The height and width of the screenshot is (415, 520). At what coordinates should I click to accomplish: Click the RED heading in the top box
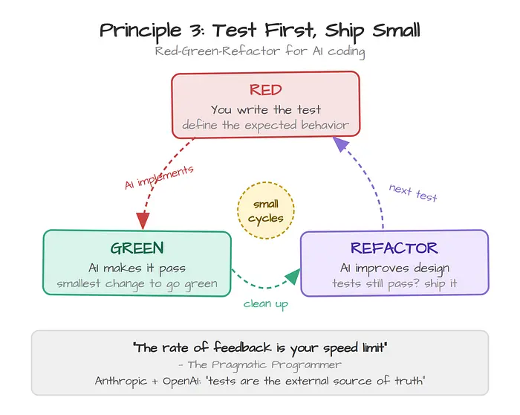(x=266, y=90)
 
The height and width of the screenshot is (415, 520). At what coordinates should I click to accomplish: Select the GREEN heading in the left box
(x=137, y=248)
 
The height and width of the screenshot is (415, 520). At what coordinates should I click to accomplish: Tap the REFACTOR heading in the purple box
(x=394, y=248)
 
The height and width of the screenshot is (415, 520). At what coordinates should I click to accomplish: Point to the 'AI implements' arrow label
(x=159, y=177)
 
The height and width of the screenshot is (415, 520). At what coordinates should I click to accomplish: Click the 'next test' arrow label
(x=413, y=193)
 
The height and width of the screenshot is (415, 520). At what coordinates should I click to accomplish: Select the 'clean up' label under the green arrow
(x=266, y=304)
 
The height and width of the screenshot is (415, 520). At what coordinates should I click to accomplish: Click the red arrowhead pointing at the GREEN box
(x=143, y=220)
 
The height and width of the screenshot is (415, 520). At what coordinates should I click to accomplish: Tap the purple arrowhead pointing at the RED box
(x=340, y=144)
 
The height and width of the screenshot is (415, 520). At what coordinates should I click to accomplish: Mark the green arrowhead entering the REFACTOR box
(x=293, y=276)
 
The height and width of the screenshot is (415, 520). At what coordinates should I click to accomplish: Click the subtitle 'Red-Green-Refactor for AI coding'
(x=260, y=52)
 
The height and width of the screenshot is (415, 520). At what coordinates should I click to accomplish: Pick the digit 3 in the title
(x=196, y=31)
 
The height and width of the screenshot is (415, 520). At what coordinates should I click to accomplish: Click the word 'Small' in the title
(x=396, y=30)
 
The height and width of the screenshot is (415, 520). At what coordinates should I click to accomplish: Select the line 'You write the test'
(x=266, y=109)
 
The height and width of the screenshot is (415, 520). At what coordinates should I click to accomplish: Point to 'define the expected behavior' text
(x=266, y=125)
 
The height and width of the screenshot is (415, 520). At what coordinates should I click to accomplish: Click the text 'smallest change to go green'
(x=137, y=284)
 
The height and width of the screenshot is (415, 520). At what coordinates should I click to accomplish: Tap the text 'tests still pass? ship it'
(x=394, y=283)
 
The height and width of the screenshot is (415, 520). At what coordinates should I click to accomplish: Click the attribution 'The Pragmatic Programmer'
(x=264, y=365)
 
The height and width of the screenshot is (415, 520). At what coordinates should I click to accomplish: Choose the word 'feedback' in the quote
(x=242, y=347)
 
